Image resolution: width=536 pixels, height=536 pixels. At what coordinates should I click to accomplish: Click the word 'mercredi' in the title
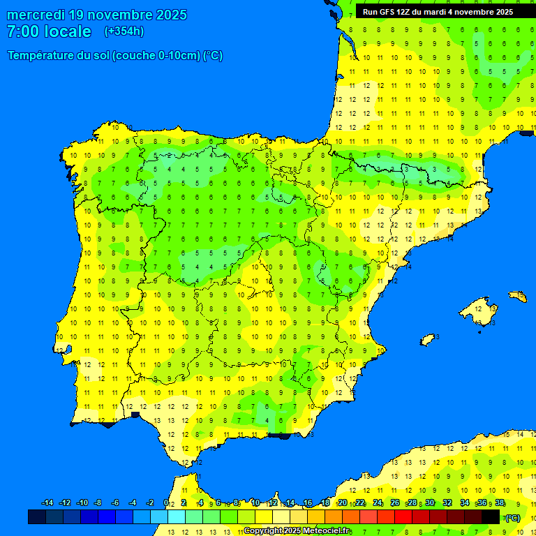pyautogui.click(x=35, y=15)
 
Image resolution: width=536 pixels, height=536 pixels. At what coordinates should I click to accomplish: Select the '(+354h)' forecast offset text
pyautogui.click(x=124, y=31)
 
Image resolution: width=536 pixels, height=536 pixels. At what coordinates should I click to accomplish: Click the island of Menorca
pyautogui.click(x=518, y=297)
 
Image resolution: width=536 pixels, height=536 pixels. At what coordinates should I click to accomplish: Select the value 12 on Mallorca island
pyautogui.click(x=479, y=308)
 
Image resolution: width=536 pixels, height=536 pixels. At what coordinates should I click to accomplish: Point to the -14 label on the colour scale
pyautogui.click(x=47, y=503)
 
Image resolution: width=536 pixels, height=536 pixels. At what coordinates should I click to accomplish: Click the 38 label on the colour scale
pyautogui.click(x=500, y=503)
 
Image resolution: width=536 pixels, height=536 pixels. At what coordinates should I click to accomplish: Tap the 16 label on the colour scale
pyautogui.click(x=308, y=503)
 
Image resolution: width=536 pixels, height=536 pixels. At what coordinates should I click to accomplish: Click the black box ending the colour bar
pyautogui.click(x=491, y=516)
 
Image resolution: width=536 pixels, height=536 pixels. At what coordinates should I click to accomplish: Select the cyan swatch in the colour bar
pyautogui.click(x=177, y=516)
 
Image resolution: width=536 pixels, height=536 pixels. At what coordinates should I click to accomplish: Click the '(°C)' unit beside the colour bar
pyautogui.click(x=513, y=517)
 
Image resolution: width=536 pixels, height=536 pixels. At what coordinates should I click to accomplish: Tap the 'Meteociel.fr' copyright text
pyautogui.click(x=322, y=531)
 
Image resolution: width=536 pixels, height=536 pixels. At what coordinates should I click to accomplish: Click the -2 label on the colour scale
pyautogui.click(x=149, y=503)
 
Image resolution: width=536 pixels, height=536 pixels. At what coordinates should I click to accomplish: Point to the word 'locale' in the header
pyautogui.click(x=68, y=31)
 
